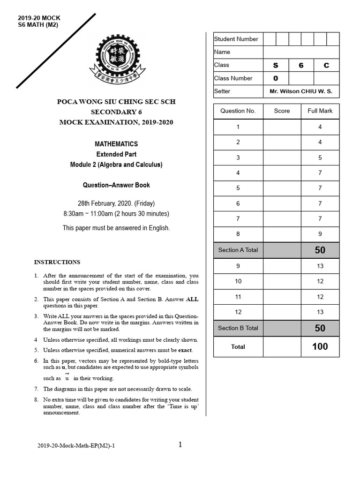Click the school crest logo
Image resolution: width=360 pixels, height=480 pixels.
click(x=116, y=60)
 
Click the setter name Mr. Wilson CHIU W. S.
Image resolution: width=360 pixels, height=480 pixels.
click(x=301, y=91)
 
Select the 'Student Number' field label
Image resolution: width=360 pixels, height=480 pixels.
click(x=236, y=39)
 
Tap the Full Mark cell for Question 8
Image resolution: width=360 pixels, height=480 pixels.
click(x=320, y=233)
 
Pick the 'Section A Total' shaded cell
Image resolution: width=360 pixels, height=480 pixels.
click(x=238, y=250)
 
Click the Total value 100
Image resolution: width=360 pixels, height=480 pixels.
click(x=320, y=347)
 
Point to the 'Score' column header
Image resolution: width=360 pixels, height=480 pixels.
click(x=282, y=111)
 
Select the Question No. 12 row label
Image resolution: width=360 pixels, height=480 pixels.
click(x=238, y=312)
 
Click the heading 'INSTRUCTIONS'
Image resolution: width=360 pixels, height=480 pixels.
click(x=57, y=262)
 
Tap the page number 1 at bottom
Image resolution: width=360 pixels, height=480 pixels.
click(x=180, y=445)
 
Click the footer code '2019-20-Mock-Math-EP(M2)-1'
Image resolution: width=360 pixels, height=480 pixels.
click(x=76, y=446)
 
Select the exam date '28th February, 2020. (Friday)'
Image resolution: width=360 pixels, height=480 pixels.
click(x=116, y=203)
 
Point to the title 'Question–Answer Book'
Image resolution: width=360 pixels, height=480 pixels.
click(x=116, y=185)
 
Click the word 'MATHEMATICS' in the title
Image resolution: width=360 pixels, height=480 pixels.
click(x=116, y=144)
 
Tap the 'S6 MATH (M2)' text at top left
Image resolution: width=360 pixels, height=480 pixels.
click(x=37, y=25)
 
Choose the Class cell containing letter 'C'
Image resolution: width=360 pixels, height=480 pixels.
click(x=326, y=66)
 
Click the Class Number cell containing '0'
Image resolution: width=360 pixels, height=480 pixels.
click(x=276, y=78)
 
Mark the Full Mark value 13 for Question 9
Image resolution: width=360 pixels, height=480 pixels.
click(x=320, y=266)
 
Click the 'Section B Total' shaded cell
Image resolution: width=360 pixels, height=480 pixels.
click(x=238, y=328)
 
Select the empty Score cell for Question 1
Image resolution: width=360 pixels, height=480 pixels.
click(x=282, y=127)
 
